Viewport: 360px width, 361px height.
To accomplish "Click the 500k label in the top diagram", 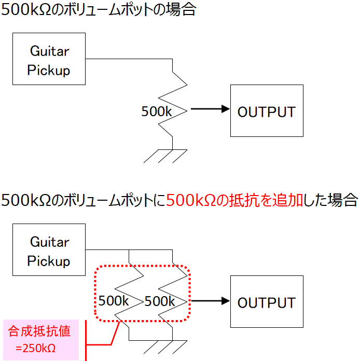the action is point(156,112).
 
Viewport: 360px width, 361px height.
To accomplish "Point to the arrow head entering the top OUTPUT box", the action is point(226,109).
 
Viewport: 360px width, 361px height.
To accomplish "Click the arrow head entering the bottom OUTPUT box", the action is point(226,301).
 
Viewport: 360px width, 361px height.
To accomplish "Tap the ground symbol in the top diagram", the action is point(165,156).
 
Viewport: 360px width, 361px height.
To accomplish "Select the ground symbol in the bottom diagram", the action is point(165,347).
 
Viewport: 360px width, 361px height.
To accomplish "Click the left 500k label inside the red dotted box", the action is point(113,301).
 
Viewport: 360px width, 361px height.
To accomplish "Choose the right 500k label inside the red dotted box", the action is point(159,301).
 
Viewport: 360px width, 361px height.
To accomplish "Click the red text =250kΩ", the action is point(35,348).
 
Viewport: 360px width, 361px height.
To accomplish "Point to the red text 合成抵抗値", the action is point(39,331).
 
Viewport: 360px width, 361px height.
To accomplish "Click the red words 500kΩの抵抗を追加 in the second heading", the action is point(234,200).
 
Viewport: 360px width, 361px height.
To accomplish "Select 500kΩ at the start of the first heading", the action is point(26,10).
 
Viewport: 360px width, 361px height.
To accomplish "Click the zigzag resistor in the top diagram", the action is point(173,104).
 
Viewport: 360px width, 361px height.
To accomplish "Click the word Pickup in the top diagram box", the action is point(49,71).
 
